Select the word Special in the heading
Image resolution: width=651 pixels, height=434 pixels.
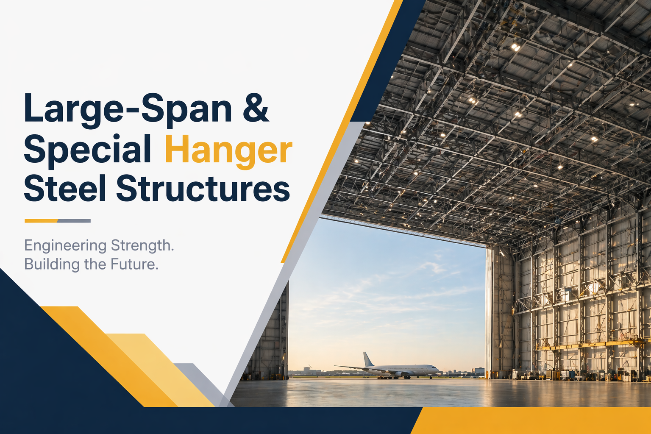(x=87, y=149)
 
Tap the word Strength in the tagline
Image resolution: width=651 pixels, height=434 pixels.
(x=142, y=245)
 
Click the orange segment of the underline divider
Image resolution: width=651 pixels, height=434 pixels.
(x=41, y=221)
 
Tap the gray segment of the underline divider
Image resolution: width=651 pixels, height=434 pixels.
(x=74, y=221)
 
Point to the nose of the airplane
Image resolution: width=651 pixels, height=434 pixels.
(x=438, y=369)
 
